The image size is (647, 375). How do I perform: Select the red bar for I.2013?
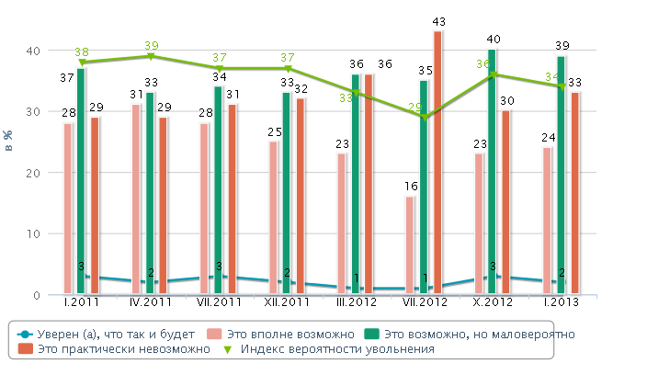point(574,193)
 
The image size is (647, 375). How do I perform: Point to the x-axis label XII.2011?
point(287,301)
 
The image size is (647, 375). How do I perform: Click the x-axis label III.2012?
point(356,301)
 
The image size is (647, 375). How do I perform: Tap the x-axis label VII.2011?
point(219,301)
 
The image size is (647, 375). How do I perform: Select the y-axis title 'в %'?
point(10,141)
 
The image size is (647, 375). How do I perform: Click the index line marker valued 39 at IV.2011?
point(151,56)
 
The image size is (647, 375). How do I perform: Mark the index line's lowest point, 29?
point(424,117)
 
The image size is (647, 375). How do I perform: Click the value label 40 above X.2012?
point(494,40)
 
